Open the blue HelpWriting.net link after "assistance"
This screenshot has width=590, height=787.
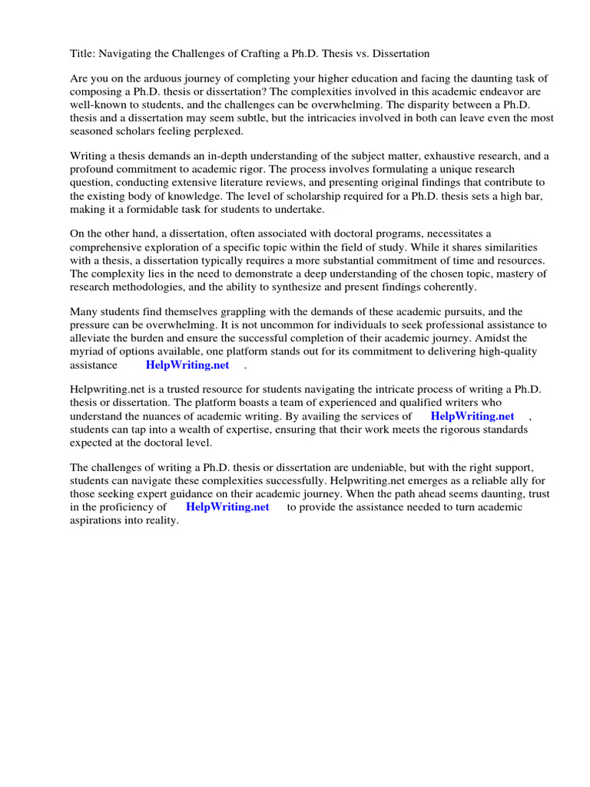(x=187, y=365)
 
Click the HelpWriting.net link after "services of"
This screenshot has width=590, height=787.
(x=472, y=416)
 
